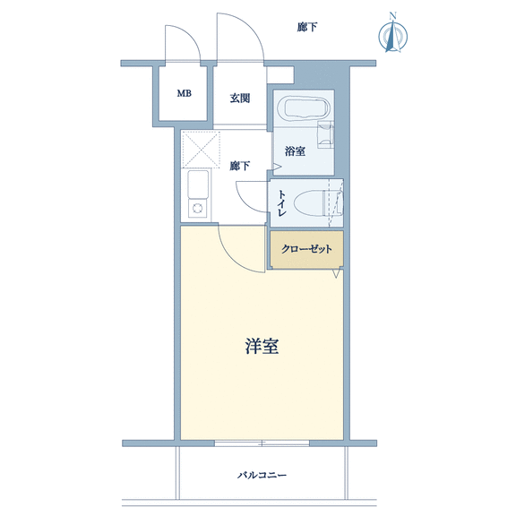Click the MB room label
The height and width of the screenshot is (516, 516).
[x=184, y=93]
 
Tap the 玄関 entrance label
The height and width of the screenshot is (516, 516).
[x=240, y=98]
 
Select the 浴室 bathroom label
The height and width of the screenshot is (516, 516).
[x=295, y=151]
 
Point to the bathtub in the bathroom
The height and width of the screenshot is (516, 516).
[x=304, y=108]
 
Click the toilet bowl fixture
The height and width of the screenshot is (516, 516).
[x=314, y=203]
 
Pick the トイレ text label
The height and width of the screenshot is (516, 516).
[x=281, y=202]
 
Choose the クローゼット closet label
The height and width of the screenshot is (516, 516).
[x=306, y=249]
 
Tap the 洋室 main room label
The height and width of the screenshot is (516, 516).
[x=262, y=346]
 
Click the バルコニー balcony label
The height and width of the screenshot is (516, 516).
[x=262, y=475]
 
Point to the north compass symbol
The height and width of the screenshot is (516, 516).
[x=393, y=36]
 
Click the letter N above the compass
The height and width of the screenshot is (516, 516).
[x=392, y=15]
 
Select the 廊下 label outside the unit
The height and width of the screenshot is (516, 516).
[x=307, y=27]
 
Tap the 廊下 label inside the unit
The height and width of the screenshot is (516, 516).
[x=239, y=166]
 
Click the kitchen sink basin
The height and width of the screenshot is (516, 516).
[x=198, y=185]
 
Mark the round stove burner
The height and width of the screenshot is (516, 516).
[x=197, y=209]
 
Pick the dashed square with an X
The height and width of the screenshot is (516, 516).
[x=201, y=150]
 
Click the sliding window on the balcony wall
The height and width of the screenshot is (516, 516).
[x=262, y=443]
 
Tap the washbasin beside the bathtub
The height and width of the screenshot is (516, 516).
[x=325, y=134]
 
